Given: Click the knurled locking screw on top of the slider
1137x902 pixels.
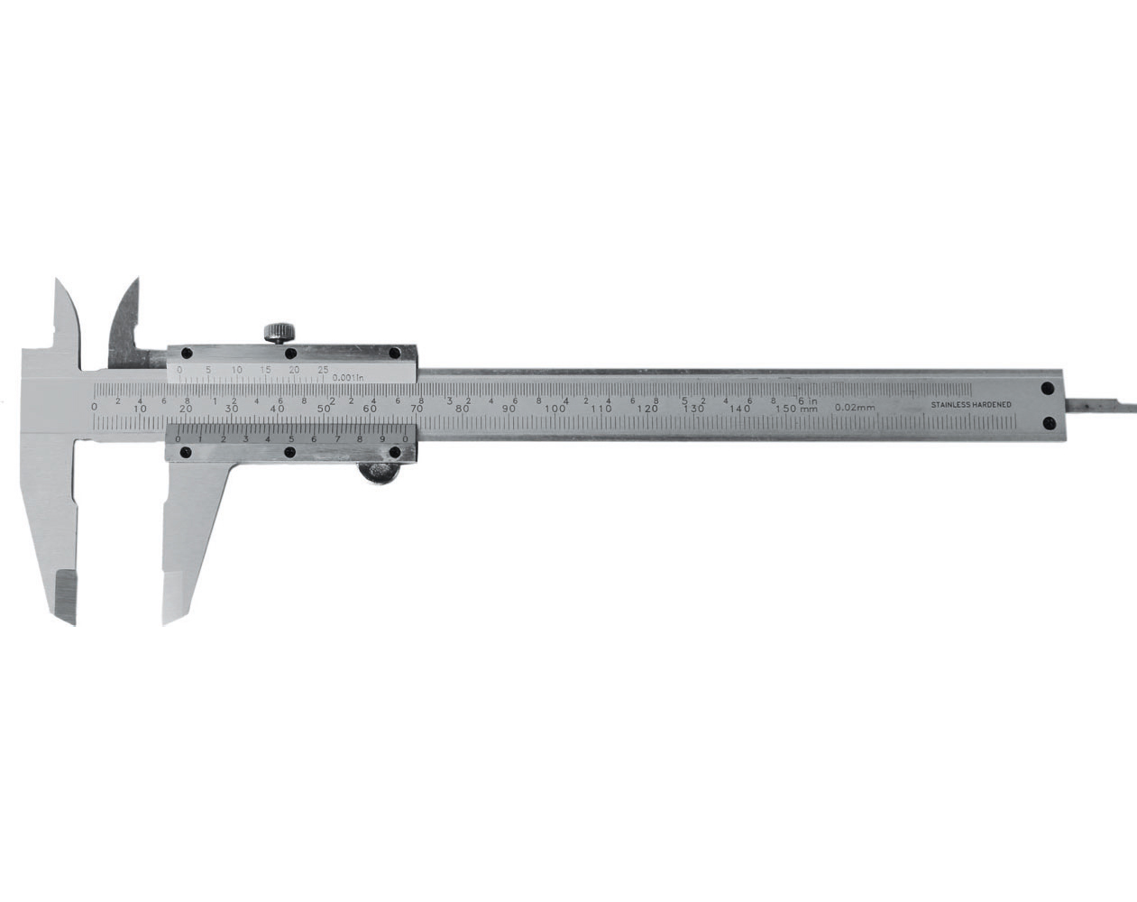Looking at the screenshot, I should (280, 332).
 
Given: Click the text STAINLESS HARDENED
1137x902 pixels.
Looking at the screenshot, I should (970, 405).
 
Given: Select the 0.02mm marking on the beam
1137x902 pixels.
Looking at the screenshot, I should (855, 408).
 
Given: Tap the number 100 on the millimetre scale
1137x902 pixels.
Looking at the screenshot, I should (555, 409).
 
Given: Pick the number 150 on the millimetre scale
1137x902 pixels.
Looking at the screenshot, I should (786, 409).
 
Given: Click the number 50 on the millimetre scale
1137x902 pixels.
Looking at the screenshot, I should (325, 409).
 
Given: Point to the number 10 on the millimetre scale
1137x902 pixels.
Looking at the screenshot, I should (140, 409).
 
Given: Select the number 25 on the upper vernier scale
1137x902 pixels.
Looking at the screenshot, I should (323, 370).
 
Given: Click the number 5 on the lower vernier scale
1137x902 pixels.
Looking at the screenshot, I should (290, 439).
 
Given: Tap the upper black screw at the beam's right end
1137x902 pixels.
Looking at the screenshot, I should (1047, 389).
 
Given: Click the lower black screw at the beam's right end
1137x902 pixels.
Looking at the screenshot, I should (1047, 422).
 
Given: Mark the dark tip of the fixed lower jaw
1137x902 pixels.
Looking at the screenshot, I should (65, 594).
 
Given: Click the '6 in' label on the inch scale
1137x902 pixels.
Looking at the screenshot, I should (807, 400).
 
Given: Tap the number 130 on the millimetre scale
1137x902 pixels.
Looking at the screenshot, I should (693, 409).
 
